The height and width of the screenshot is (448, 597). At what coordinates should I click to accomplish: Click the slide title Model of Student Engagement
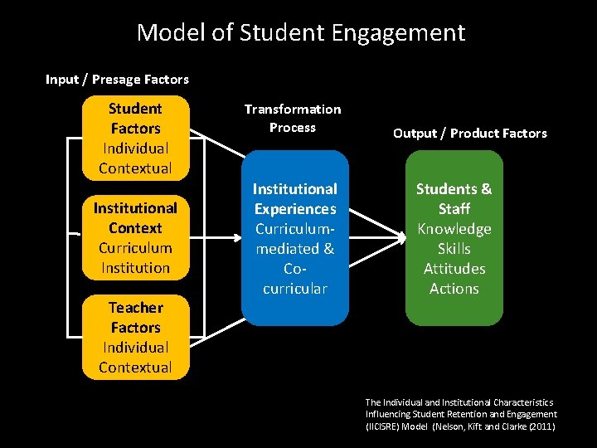(x=300, y=33)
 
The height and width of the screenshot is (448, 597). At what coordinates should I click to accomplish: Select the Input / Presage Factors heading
(x=117, y=80)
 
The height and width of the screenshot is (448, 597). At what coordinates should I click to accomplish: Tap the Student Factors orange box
(x=135, y=138)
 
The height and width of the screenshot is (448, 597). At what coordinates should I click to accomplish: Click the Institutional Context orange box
(x=135, y=237)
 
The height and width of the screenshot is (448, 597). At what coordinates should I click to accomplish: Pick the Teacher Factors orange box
(x=135, y=337)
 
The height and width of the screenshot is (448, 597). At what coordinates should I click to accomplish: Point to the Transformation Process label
(x=292, y=118)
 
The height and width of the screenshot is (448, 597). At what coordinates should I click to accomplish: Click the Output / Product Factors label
(x=469, y=133)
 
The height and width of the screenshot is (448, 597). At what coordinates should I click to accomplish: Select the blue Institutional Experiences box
(x=294, y=238)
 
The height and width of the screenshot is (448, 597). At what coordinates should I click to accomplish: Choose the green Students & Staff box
(x=454, y=238)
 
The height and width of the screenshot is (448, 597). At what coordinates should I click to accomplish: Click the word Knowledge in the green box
(x=454, y=229)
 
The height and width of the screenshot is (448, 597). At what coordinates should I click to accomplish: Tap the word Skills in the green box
(x=454, y=249)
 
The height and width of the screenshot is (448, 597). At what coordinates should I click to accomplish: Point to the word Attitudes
(x=454, y=269)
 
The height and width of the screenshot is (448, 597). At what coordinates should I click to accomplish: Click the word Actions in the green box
(x=454, y=289)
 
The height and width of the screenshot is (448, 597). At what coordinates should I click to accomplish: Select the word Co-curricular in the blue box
(x=294, y=279)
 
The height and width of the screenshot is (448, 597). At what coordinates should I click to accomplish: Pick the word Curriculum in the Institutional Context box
(x=135, y=248)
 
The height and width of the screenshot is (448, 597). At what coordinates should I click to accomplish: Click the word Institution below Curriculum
(x=135, y=268)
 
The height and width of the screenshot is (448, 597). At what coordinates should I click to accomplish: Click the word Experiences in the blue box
(x=294, y=209)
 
